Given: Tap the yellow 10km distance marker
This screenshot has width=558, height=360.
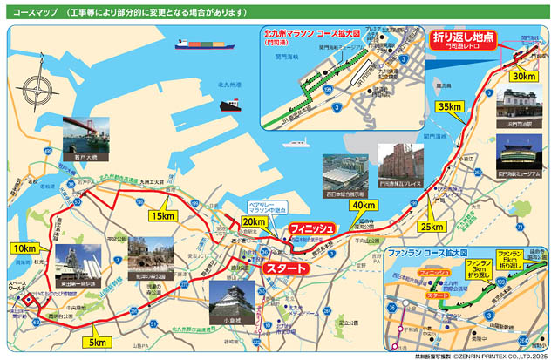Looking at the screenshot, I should (x=24, y=248).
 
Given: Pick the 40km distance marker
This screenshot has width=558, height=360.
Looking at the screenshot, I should (x=364, y=205).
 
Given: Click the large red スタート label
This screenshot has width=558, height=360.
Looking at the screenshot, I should (x=286, y=268).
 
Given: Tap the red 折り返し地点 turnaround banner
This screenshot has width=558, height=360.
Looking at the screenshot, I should (x=462, y=39).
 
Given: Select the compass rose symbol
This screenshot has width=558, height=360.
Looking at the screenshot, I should (x=39, y=91).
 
